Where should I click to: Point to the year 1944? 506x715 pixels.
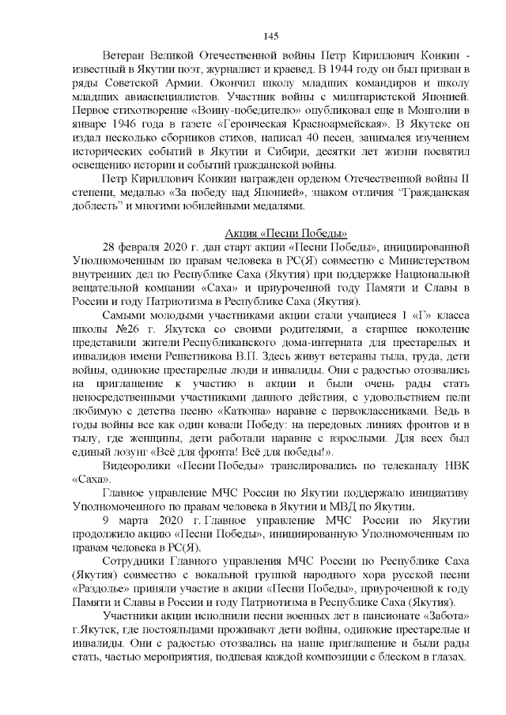(330, 68)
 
